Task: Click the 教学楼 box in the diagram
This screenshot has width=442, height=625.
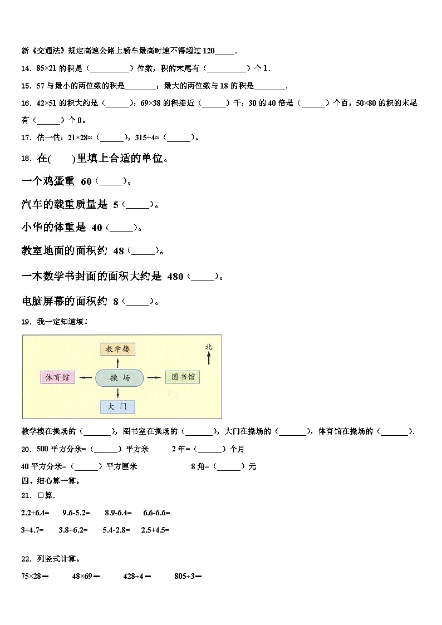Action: [x=118, y=350]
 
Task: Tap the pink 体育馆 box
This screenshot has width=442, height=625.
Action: [x=58, y=377]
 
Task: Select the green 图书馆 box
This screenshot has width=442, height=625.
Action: [x=182, y=377]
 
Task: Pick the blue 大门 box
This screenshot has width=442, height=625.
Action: [x=118, y=406]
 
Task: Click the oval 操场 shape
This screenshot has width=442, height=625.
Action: [x=120, y=378]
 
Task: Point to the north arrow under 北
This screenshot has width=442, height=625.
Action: [x=209, y=358]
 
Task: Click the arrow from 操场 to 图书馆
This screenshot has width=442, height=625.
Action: [x=154, y=378]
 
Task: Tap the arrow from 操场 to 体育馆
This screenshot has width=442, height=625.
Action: [x=85, y=378]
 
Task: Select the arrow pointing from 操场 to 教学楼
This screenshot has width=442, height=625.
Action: [x=118, y=363]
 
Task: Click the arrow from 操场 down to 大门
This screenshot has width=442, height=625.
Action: [x=118, y=393]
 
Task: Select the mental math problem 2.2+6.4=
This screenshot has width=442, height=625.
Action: [x=35, y=512]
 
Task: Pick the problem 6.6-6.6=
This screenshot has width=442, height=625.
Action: [x=156, y=512]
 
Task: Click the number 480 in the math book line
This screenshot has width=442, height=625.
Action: [x=175, y=277]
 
